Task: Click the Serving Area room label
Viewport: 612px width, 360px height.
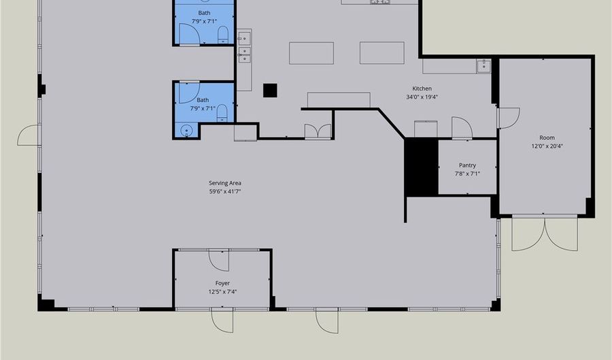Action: coord(225,183)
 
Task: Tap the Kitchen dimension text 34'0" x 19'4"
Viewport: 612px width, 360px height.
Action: coord(422,97)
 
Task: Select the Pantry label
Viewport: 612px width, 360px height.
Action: coord(467,165)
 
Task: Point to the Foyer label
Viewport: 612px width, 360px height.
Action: coord(222,283)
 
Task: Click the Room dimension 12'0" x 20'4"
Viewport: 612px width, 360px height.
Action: coord(547,146)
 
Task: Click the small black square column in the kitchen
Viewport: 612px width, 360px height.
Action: coord(270,91)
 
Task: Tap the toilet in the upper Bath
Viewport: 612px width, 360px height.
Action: coord(223,34)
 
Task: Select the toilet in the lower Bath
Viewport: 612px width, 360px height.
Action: coord(222,113)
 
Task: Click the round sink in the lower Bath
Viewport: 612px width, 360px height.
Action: coord(186,129)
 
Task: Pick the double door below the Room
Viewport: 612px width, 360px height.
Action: coord(545,233)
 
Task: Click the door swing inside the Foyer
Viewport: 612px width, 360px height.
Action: coord(218,260)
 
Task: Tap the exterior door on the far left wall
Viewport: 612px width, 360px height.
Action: coord(29,135)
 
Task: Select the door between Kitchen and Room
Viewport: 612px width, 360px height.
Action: coord(509,118)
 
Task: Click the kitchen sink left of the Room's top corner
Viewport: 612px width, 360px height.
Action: coord(483,66)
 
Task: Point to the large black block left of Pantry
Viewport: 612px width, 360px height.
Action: coord(421,167)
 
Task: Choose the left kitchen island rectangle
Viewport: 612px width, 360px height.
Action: coord(311,53)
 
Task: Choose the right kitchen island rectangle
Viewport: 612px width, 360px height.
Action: coord(382,52)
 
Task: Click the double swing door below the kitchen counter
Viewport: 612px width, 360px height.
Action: coord(318,131)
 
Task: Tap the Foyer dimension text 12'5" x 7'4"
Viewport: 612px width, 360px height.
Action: coord(222,292)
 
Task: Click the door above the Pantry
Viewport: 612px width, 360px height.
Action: coord(462,127)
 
